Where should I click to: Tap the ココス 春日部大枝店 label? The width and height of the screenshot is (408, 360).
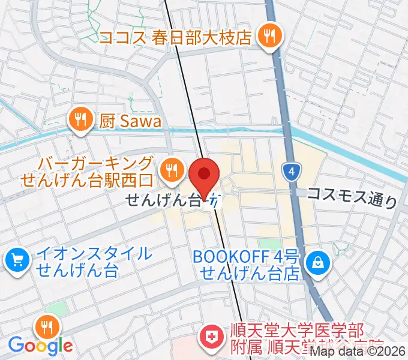coord(176,38)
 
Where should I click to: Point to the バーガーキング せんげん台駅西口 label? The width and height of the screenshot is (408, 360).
coord(87,170)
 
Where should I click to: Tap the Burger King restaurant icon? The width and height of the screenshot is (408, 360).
coord(172,170)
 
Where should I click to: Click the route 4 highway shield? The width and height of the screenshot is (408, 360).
coord(291,172)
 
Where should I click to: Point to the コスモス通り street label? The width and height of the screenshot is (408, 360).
coord(352,196)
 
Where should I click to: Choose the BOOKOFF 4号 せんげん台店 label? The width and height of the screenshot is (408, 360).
coord(246,265)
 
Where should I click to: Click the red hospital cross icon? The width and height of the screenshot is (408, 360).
coord(211,337)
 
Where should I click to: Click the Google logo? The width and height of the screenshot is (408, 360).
coord(40,345)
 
